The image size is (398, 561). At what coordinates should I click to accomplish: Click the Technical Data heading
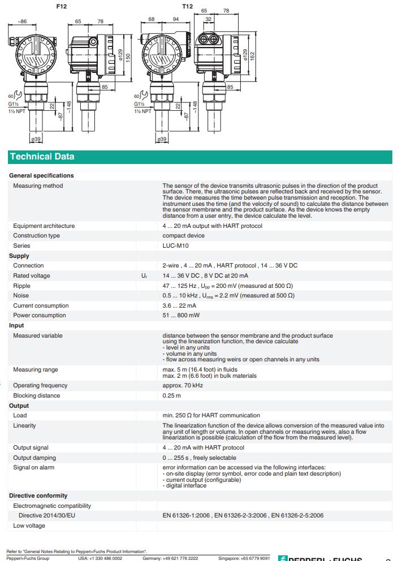(42, 157)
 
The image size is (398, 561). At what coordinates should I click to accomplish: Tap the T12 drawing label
(187, 6)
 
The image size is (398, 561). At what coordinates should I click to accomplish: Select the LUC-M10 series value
(176, 245)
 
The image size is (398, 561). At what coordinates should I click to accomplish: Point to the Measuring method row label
(38, 185)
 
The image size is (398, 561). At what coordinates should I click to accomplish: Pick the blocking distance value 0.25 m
(172, 395)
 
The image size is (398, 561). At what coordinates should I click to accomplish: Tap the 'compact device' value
(183, 235)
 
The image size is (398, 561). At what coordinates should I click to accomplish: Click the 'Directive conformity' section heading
(38, 495)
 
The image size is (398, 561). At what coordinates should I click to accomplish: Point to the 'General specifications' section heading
(41, 175)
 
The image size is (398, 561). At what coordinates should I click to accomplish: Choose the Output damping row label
(34, 458)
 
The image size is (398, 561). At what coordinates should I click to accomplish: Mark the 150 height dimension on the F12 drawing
(128, 58)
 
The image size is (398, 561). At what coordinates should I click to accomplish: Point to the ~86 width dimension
(21, 21)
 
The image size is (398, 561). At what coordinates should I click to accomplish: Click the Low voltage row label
(29, 525)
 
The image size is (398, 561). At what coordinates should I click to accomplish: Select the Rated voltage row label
(32, 275)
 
